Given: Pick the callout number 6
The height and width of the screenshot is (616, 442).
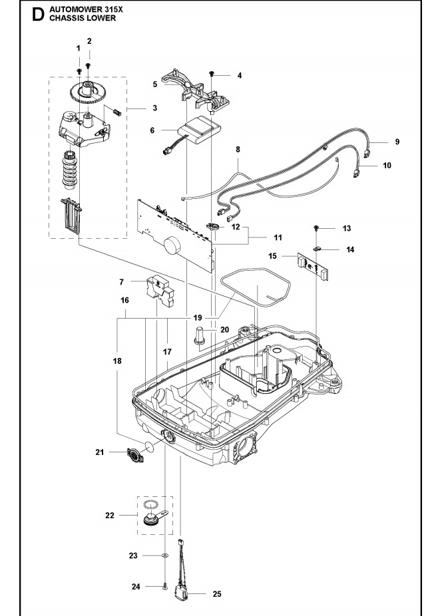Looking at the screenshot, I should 153,130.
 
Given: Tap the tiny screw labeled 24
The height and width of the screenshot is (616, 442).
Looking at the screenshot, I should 164,586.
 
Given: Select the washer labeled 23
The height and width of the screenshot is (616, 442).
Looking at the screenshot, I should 164,554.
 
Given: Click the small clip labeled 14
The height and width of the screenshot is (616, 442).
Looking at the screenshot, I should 317,249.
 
